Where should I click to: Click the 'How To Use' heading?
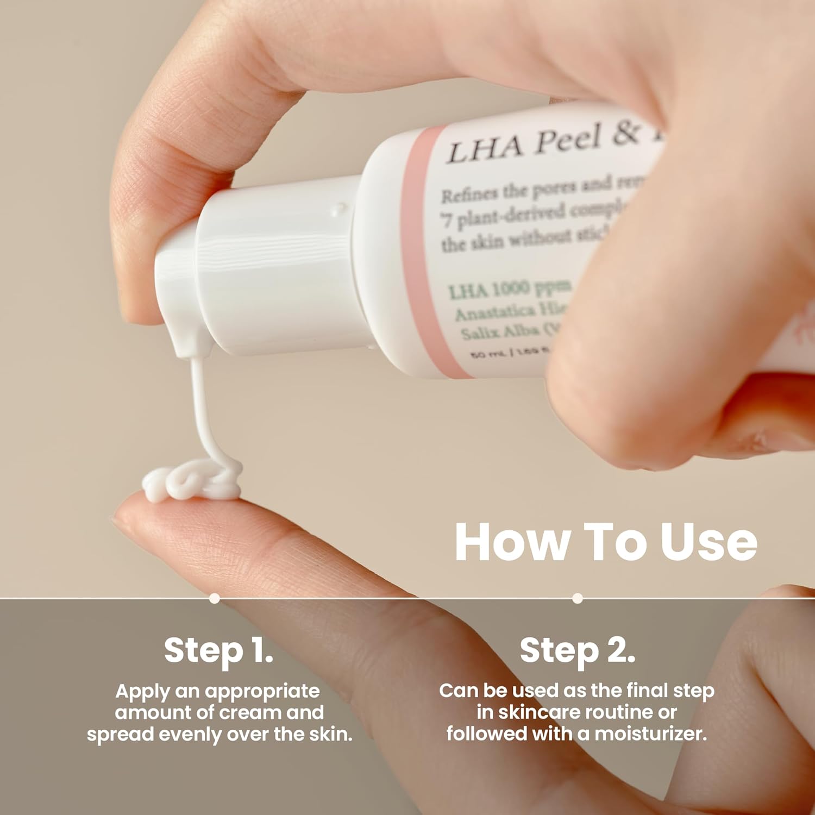[605, 542]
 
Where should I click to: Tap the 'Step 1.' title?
[218, 650]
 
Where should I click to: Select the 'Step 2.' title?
[577, 650]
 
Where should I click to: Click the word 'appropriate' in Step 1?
[262, 692]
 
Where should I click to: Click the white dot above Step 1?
[215, 598]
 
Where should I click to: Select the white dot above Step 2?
[578, 598]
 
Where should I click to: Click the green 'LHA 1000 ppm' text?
[509, 289]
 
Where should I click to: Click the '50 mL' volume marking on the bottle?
[487, 354]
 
